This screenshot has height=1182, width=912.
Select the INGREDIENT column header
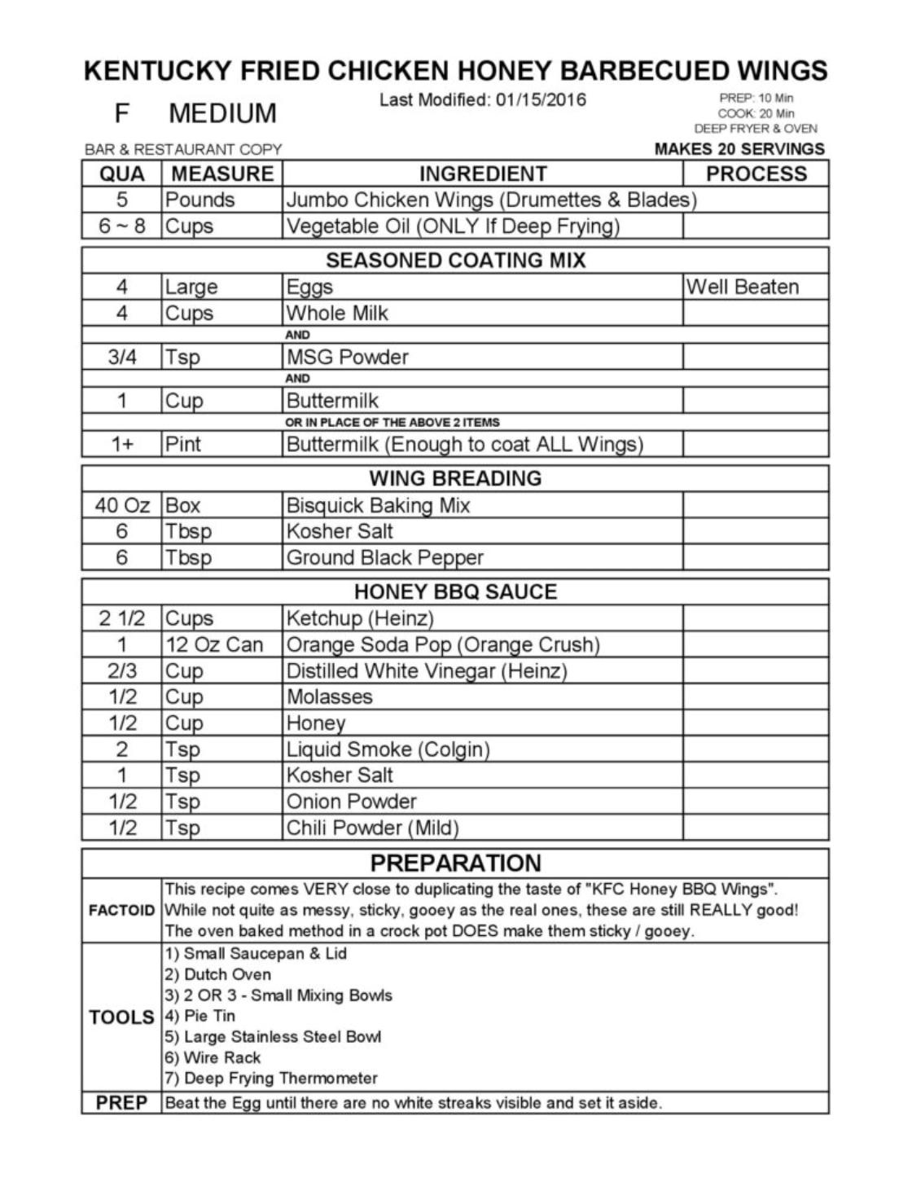482,174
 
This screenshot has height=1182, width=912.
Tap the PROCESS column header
756,174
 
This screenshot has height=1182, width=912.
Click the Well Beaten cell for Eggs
742,287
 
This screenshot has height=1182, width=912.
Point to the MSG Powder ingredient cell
347,357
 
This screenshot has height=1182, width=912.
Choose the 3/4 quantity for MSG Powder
122,357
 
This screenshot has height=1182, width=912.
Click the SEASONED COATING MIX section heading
455,261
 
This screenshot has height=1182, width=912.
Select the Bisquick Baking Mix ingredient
378,505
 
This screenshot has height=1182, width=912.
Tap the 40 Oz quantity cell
122,505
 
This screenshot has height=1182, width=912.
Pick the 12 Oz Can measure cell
214,645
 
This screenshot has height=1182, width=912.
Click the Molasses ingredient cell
329,697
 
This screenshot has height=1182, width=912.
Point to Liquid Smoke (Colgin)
388,749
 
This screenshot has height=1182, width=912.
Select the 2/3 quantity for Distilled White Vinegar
122,671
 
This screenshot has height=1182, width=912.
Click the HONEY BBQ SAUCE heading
455,591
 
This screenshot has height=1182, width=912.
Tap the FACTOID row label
121,910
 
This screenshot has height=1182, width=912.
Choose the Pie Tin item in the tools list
200,1016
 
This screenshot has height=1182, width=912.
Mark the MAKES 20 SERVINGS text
739,149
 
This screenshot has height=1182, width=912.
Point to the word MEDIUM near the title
222,113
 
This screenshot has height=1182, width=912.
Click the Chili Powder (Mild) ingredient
372,828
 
